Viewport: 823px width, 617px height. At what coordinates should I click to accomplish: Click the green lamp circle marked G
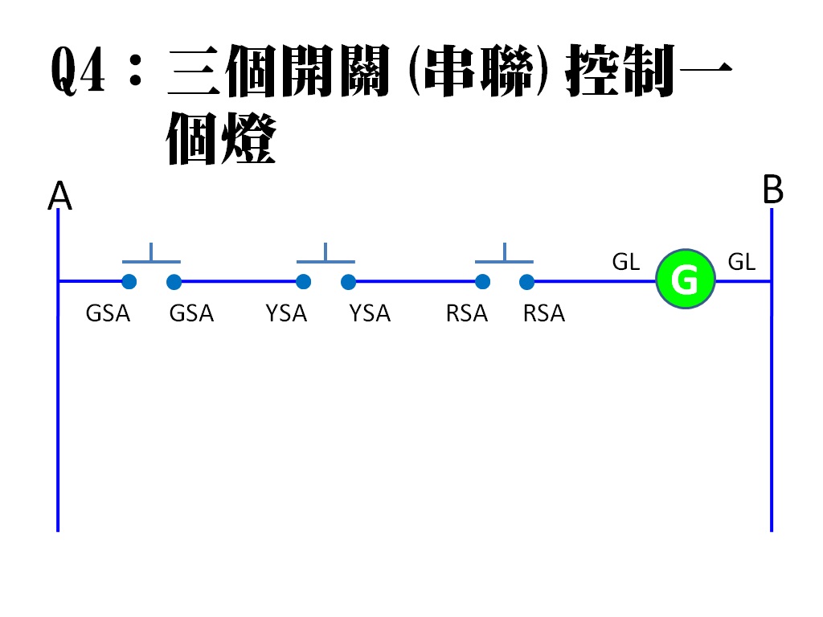pos(685,280)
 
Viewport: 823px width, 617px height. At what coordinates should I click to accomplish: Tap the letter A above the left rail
pos(60,196)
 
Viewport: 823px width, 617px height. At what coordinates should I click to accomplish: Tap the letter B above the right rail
pos(772,191)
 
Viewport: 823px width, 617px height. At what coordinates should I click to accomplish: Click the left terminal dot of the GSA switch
pos(129,281)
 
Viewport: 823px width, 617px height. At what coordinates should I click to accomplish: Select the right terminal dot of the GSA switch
pos(174,281)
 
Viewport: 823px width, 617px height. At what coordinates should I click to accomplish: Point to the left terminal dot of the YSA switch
pos(303,281)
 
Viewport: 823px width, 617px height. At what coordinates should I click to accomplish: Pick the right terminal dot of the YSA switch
pos(348,281)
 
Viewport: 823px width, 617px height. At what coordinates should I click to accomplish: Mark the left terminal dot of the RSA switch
pos(482,281)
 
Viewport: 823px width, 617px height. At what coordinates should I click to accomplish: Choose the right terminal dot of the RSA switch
pos(527,281)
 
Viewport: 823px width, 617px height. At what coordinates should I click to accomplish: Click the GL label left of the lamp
pos(626,262)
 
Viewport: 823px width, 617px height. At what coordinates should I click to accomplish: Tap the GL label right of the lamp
pos(741,262)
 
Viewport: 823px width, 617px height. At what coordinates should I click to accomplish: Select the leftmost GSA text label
pos(108,313)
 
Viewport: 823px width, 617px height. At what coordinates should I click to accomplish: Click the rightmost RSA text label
pos(544,313)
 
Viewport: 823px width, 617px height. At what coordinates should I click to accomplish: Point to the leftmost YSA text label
pos(286,313)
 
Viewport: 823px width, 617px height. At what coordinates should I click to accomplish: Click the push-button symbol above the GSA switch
pos(151,255)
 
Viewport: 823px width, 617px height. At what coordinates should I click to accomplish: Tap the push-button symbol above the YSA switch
pos(326,255)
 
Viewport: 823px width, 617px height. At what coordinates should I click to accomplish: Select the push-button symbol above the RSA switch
pos(504,255)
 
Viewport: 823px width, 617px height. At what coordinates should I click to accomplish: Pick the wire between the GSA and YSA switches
pos(239,281)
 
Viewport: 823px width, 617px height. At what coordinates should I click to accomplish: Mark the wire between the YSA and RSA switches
pos(415,281)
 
